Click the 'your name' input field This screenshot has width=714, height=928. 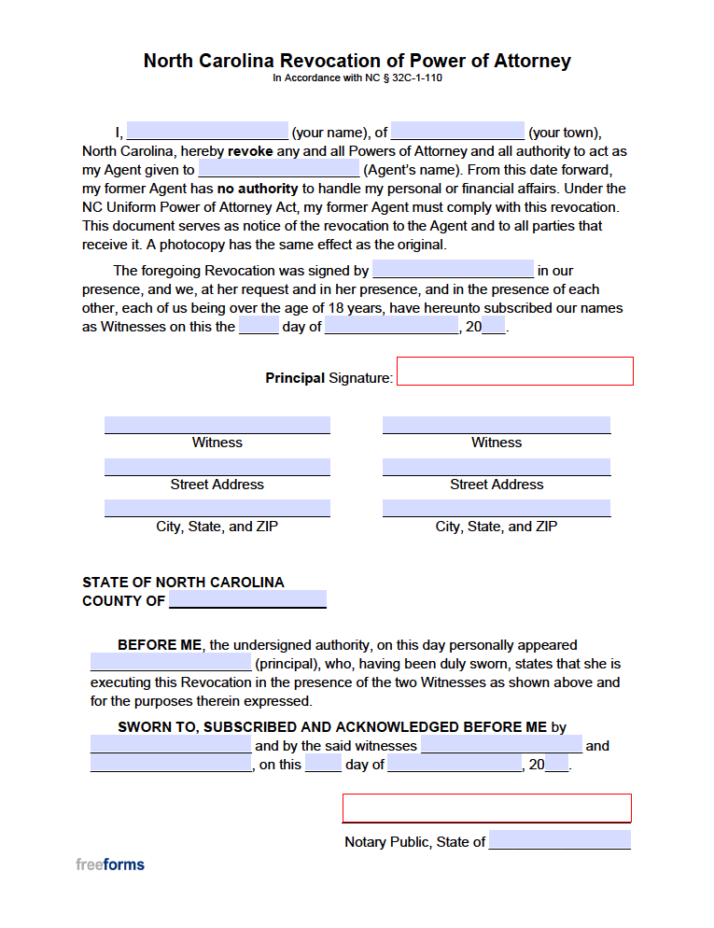coord(206,132)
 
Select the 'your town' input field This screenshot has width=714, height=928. coord(457,132)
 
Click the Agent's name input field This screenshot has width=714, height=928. coord(278,169)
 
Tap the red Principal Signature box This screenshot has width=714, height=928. coord(515,371)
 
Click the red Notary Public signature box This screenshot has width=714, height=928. coord(486,808)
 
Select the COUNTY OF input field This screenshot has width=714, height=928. coord(247,599)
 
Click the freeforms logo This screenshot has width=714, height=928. coord(110,865)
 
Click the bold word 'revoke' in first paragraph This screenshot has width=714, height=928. coord(250,151)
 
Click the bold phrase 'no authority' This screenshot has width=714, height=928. coord(258,189)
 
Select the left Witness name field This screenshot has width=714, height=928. coord(217,425)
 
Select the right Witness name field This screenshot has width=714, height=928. coord(496,425)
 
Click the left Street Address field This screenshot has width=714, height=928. coord(217,467)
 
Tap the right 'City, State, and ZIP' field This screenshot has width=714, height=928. coord(496,508)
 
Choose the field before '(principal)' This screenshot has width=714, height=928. coord(171,663)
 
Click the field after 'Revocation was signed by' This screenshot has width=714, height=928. coord(453,270)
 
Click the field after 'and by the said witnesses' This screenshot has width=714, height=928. coord(501,745)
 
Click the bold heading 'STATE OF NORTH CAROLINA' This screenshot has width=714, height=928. coord(183,583)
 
